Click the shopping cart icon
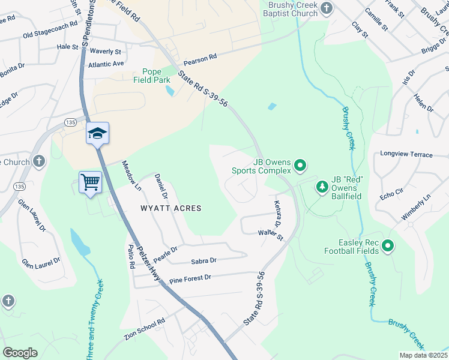[90, 182]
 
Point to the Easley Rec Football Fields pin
[388, 246]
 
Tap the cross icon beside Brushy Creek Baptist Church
[327, 8]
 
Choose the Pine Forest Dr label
[191, 278]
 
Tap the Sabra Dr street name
[203, 260]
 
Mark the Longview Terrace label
[406, 155]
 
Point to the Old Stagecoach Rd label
[50, 31]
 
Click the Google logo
[20, 353]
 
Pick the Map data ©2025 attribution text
[423, 355]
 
